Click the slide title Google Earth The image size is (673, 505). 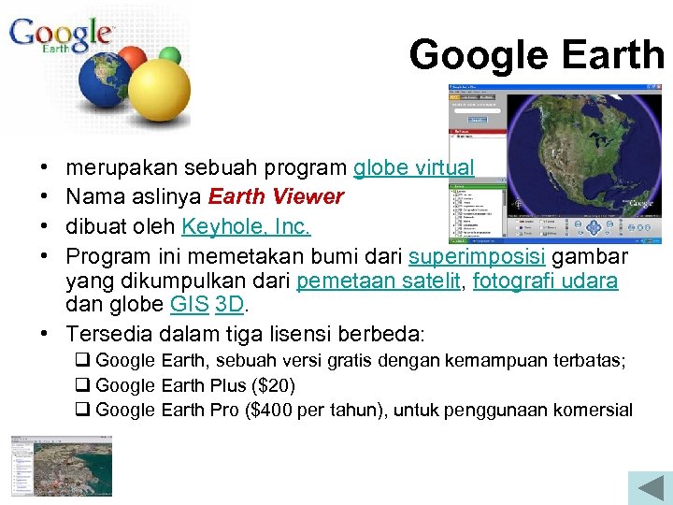[x=536, y=55]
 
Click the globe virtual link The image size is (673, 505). [x=413, y=168]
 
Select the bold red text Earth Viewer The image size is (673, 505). [x=276, y=197]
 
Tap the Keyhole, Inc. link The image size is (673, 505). [x=246, y=227]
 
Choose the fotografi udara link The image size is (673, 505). [x=545, y=281]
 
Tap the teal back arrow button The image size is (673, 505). [x=645, y=488]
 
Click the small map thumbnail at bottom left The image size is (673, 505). [x=62, y=465]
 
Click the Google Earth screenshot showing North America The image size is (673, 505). [x=558, y=165]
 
